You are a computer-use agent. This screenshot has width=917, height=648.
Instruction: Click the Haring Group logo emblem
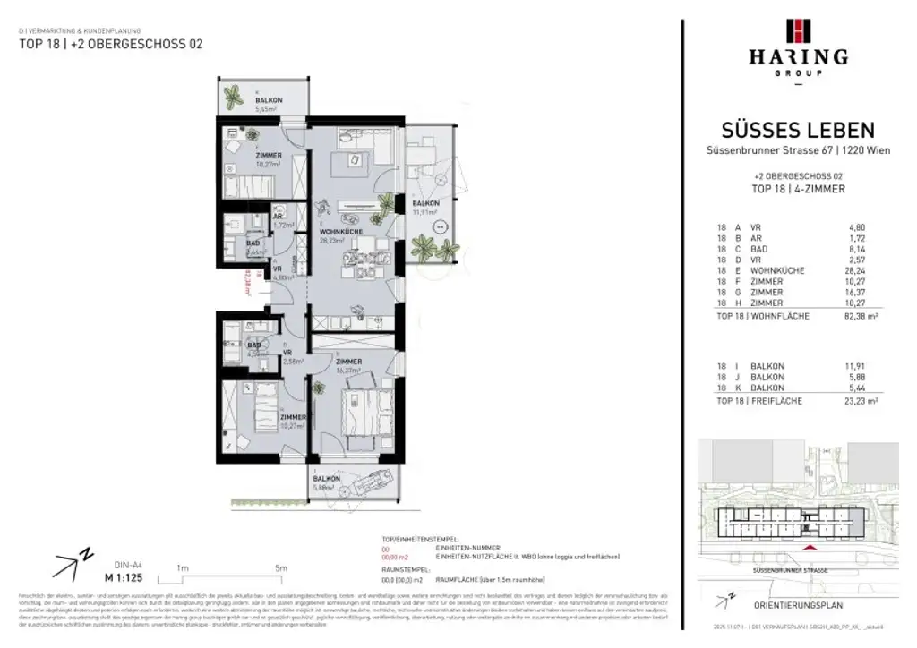coord(798,30)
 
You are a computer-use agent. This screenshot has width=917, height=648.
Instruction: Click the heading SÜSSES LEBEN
coord(798,132)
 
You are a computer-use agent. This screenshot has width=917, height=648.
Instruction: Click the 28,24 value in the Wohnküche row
coord(865,270)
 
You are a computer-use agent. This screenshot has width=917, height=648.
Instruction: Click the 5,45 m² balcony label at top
coord(268,106)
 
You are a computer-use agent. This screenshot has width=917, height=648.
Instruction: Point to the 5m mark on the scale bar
coord(281,568)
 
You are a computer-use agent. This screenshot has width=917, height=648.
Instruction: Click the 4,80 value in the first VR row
coord(865,227)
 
